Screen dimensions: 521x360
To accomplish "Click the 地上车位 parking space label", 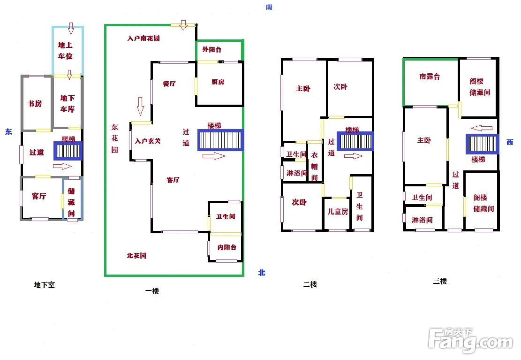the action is point(65,50).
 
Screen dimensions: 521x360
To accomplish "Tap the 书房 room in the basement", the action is point(35,103).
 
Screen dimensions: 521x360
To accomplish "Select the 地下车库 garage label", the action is point(68,103).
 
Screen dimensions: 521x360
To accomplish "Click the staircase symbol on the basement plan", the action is point(68,151).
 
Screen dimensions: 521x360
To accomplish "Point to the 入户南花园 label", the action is point(143,38).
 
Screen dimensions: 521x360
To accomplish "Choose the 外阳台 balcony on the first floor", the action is point(211,50).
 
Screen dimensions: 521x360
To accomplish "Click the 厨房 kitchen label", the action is point(218,82).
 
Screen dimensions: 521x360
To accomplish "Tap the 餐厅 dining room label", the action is point(169,84).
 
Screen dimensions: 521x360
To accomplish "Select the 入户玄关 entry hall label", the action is point(148,141).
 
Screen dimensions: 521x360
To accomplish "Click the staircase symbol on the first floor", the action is point(220,140).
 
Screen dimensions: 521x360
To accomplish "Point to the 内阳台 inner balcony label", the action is point(227,247).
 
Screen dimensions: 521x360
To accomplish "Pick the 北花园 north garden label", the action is point(136,255).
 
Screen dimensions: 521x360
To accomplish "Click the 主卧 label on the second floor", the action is point(303,89).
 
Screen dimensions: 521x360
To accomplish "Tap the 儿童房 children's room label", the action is point(338,211).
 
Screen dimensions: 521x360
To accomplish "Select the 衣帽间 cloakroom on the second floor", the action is point(314,166).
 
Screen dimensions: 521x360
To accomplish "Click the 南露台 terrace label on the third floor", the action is point(430,77).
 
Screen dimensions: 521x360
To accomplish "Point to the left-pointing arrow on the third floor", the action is point(482,128).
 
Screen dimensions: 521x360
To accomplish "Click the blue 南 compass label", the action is point(269,7).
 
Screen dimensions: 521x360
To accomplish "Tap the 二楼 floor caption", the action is point(310,284).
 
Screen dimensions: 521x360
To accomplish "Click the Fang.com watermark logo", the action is point(470,340).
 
